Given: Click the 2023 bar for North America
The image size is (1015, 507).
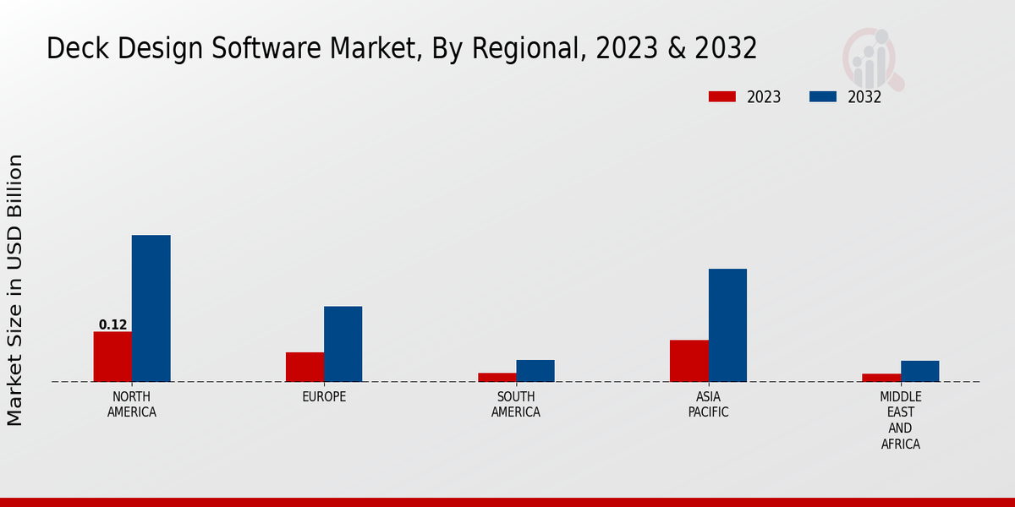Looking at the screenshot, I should [112, 357].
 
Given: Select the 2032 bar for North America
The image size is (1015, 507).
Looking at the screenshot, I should [151, 308].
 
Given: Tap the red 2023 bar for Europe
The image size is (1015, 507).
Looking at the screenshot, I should [304, 367].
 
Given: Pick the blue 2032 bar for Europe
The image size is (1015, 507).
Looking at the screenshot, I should [343, 344].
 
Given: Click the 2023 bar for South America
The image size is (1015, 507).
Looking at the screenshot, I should [497, 377].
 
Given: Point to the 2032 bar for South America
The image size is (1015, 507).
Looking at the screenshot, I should [535, 371].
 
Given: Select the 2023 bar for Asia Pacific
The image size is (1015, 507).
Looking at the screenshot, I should [689, 361].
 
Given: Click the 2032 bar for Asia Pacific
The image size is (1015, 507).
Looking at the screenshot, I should [727, 325].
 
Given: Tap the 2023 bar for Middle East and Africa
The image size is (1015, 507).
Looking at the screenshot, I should [881, 378].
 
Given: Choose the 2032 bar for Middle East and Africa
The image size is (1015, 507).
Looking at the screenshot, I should [919, 371].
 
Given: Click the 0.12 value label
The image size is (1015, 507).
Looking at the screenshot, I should [112, 324].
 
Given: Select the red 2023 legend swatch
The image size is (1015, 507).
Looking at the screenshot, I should [721, 96].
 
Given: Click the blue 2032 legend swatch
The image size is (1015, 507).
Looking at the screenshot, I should [822, 96].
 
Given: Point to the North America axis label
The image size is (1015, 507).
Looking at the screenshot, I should [132, 405].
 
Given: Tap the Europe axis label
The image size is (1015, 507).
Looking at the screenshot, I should [324, 397].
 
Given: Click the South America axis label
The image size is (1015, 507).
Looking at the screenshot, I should [516, 405].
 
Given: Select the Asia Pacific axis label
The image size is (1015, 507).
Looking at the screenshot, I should [708, 405].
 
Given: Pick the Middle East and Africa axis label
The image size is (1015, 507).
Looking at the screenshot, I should [900, 421].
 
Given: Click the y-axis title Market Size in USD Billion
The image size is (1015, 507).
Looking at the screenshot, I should [15, 290].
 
